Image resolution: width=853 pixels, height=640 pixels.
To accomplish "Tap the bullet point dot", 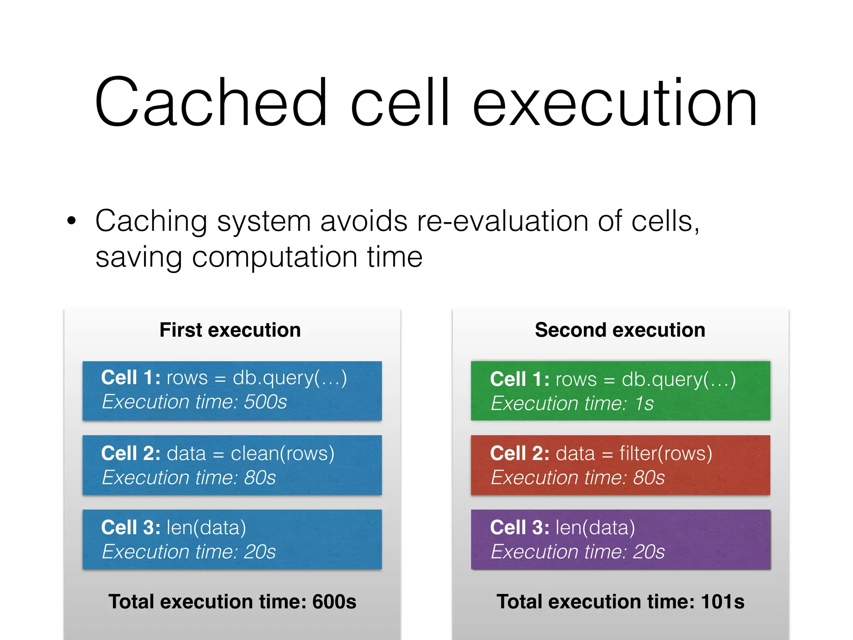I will pos(72,221).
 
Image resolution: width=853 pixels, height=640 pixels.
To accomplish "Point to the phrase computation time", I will pos(307,257).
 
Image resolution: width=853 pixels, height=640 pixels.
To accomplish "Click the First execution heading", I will pos(230,330).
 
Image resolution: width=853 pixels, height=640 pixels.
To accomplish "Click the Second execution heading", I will pos(620,330).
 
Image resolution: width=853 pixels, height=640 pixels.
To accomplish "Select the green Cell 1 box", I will pos(620,391).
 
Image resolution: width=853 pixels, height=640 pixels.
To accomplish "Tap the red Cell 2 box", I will pos(620,465).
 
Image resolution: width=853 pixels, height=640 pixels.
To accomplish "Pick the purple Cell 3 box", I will pos(620,539).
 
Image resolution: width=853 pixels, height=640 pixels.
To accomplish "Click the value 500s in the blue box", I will pos(265,402).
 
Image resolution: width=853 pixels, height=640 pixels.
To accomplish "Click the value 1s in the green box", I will pos(644,403).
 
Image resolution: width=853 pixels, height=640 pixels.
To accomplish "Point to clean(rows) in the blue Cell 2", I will pos(282,453).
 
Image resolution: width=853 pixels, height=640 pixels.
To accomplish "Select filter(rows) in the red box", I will pos(666,453).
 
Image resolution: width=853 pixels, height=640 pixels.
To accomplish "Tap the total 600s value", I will pos(334,602).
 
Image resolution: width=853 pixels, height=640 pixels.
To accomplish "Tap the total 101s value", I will pos(723,602).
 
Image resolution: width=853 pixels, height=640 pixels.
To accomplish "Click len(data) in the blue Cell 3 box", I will pos(206,527).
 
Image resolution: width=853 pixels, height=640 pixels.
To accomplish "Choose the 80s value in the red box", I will pos(648,477).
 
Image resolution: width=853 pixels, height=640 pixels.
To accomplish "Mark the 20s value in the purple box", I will pos(648,552).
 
